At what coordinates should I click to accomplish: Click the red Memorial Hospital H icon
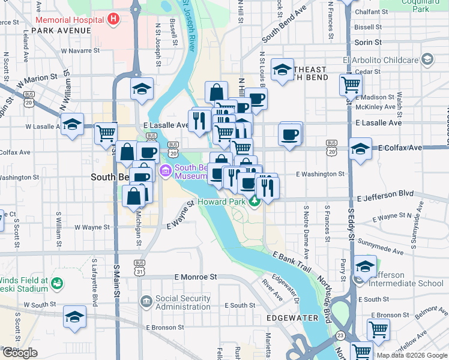pos(112,19)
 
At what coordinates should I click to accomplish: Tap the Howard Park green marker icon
pos(255,202)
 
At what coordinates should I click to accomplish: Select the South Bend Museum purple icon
pos(165,172)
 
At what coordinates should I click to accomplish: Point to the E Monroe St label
pos(195,277)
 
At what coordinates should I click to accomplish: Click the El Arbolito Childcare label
pos(381,60)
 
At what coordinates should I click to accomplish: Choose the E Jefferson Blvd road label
pos(385,196)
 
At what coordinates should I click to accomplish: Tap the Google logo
pos(20,353)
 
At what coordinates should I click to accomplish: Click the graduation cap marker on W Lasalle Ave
pos(72,124)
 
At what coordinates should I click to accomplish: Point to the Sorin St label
pos(368,43)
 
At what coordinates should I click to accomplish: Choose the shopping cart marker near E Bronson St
pos(378,328)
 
